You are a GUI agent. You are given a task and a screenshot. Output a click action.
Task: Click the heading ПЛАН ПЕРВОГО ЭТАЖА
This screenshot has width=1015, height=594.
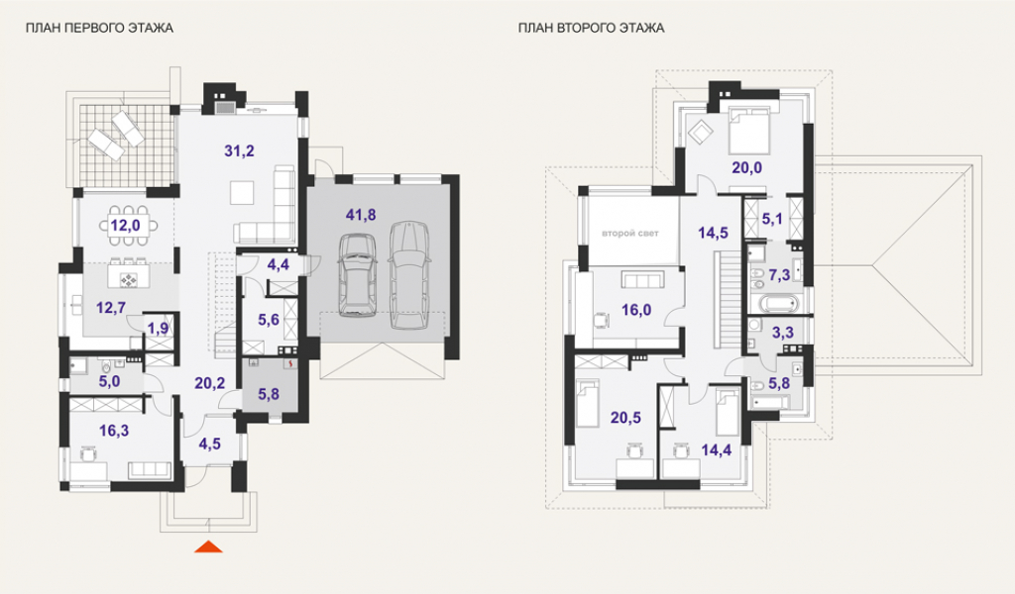tap(99, 28)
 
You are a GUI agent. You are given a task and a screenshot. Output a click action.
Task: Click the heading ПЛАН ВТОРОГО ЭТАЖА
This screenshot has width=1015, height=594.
tap(591, 28)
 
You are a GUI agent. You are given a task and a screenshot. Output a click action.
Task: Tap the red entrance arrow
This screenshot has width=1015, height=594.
tap(208, 546)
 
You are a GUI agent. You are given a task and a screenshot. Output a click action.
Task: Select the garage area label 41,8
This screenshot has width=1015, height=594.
tap(361, 215)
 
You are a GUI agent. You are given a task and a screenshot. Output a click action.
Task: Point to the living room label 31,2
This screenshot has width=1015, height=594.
tap(240, 151)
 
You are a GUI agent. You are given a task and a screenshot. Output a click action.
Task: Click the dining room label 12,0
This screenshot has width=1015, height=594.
tap(125, 226)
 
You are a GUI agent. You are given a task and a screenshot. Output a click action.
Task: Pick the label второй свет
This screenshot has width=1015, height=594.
tap(629, 234)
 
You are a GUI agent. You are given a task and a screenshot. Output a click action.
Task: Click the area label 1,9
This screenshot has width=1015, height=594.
tap(158, 329)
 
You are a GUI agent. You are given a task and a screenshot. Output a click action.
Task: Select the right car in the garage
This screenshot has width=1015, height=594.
tap(409, 274)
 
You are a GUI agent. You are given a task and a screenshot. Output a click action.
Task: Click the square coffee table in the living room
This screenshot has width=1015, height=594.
tap(242, 193)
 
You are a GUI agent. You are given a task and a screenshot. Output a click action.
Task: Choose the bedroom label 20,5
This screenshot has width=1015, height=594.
tap(625, 418)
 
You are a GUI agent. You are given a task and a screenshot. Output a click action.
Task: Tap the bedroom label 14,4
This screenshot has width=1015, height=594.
tap(717, 449)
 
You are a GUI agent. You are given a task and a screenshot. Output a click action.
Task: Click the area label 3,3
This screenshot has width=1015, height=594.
tap(783, 333)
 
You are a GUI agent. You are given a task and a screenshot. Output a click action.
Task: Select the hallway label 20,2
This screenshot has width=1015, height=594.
tap(210, 383)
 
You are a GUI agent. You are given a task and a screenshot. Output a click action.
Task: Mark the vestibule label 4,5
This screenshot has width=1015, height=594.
tap(210, 445)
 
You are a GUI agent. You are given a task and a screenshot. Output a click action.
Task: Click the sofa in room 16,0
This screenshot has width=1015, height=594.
tap(643, 280)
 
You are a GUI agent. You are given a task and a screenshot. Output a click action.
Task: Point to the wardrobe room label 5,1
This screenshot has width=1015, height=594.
tap(771, 219)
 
